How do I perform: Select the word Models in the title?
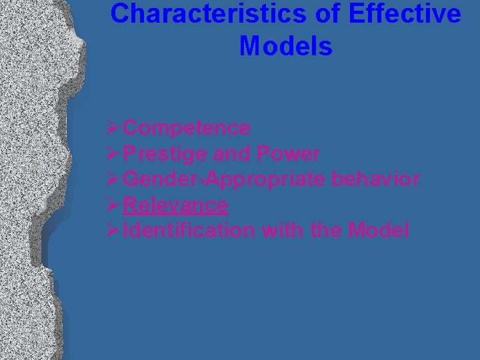coord(285,46)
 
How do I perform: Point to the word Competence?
coord(187,127)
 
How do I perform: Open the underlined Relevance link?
coord(176,205)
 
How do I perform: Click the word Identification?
coord(189,231)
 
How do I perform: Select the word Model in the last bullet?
coord(377,231)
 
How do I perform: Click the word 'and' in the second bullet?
coord(231,154)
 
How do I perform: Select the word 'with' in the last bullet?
coord(281,231)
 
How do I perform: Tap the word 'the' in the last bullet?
coord(323,231)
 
